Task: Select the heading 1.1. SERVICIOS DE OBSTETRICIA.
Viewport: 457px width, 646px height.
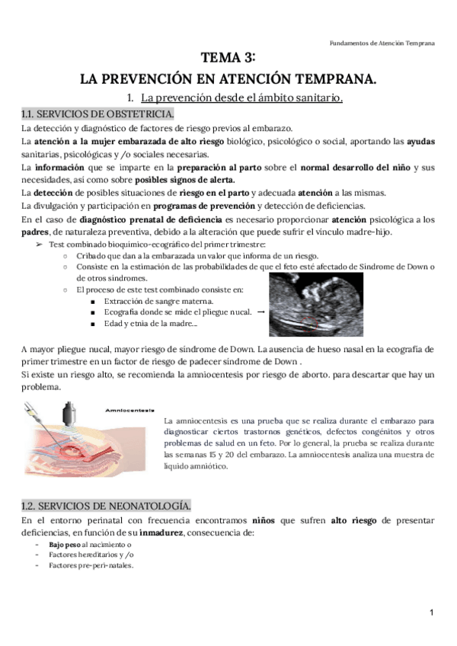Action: (97, 114)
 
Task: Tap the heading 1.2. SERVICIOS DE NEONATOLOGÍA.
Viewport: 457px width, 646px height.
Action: (106, 506)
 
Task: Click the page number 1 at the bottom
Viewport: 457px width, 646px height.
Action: (431, 613)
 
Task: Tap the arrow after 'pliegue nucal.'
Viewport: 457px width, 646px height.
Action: (261, 312)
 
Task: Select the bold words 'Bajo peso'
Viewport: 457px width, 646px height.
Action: (65, 546)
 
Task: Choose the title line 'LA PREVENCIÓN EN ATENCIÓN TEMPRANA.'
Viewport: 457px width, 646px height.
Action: (228, 78)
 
